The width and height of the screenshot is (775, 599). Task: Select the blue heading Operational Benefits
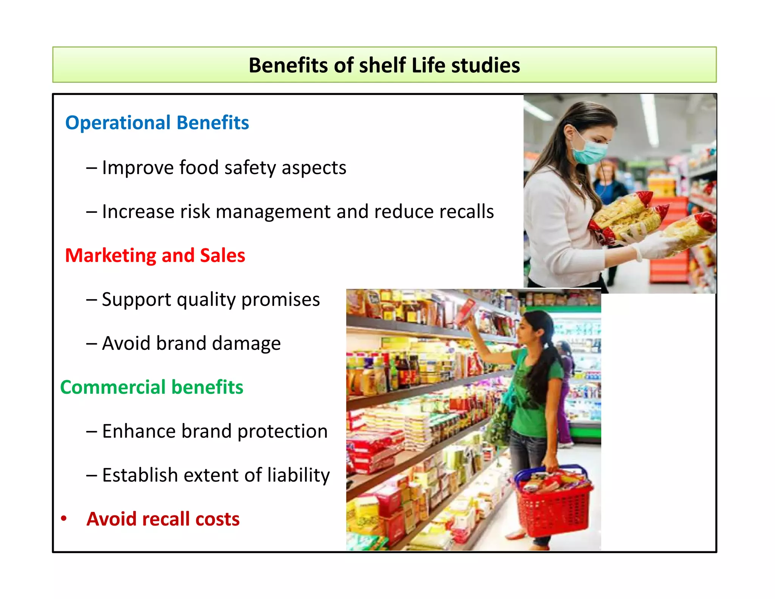pos(157,123)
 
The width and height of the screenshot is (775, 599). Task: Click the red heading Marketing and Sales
pos(155,255)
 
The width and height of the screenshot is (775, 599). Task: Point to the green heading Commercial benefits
pos(151,387)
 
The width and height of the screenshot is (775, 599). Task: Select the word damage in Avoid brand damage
pos(246,343)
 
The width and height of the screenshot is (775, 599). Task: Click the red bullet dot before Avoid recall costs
pos(64,518)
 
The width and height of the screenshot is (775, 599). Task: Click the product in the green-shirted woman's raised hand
pos(467,310)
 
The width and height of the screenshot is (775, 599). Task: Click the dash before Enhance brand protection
pos(92,431)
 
